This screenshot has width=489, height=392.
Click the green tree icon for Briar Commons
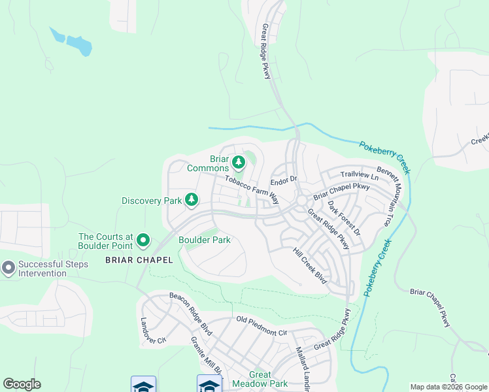tap(239, 161)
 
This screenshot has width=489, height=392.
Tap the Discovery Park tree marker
tap(192, 199)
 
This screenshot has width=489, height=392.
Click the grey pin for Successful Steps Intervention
tap(8, 267)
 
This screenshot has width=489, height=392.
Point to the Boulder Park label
tap(205, 240)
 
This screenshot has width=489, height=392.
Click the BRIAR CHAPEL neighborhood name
tap(139, 260)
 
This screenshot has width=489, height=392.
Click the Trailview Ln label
tap(360, 176)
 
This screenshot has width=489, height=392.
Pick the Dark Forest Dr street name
tap(344, 218)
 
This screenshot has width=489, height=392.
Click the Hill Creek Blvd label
tap(309, 265)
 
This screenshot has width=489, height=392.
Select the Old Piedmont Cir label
tap(262, 325)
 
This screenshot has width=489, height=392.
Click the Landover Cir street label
tap(145, 332)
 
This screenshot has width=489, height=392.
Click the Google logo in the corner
tap(22, 384)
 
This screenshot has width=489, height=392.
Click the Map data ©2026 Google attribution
tap(448, 387)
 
